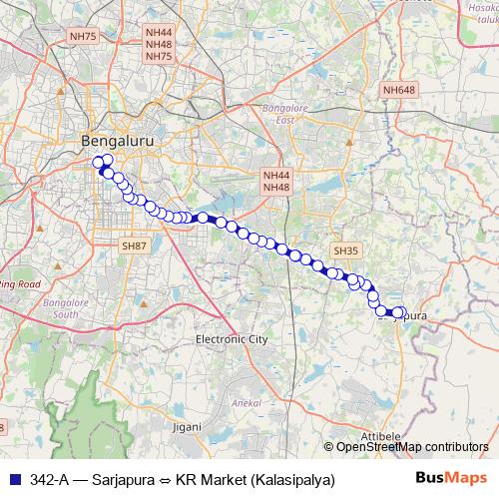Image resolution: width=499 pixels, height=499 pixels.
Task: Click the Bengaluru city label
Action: pyautogui.click(x=119, y=143)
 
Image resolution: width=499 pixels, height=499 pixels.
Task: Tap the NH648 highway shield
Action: pyautogui.click(x=397, y=91)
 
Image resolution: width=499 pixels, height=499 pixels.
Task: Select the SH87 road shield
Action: pyautogui.click(x=134, y=246)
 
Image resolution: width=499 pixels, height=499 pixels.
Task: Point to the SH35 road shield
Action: pyautogui.click(x=345, y=250)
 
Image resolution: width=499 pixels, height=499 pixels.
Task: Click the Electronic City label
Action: pyautogui.click(x=232, y=339)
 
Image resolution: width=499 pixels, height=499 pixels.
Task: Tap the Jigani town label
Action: pyautogui.click(x=186, y=426)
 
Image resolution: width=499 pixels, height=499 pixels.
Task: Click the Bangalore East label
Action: pyautogui.click(x=282, y=113)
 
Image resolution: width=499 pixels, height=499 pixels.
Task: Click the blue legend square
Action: pyautogui.click(x=13, y=479)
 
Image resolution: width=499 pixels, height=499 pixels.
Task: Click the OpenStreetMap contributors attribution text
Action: pyautogui.click(x=412, y=447)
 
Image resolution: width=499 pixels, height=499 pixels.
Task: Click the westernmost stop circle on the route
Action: pyautogui.click(x=99, y=163)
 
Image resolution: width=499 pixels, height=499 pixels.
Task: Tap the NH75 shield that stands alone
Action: pyautogui.click(x=83, y=36)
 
